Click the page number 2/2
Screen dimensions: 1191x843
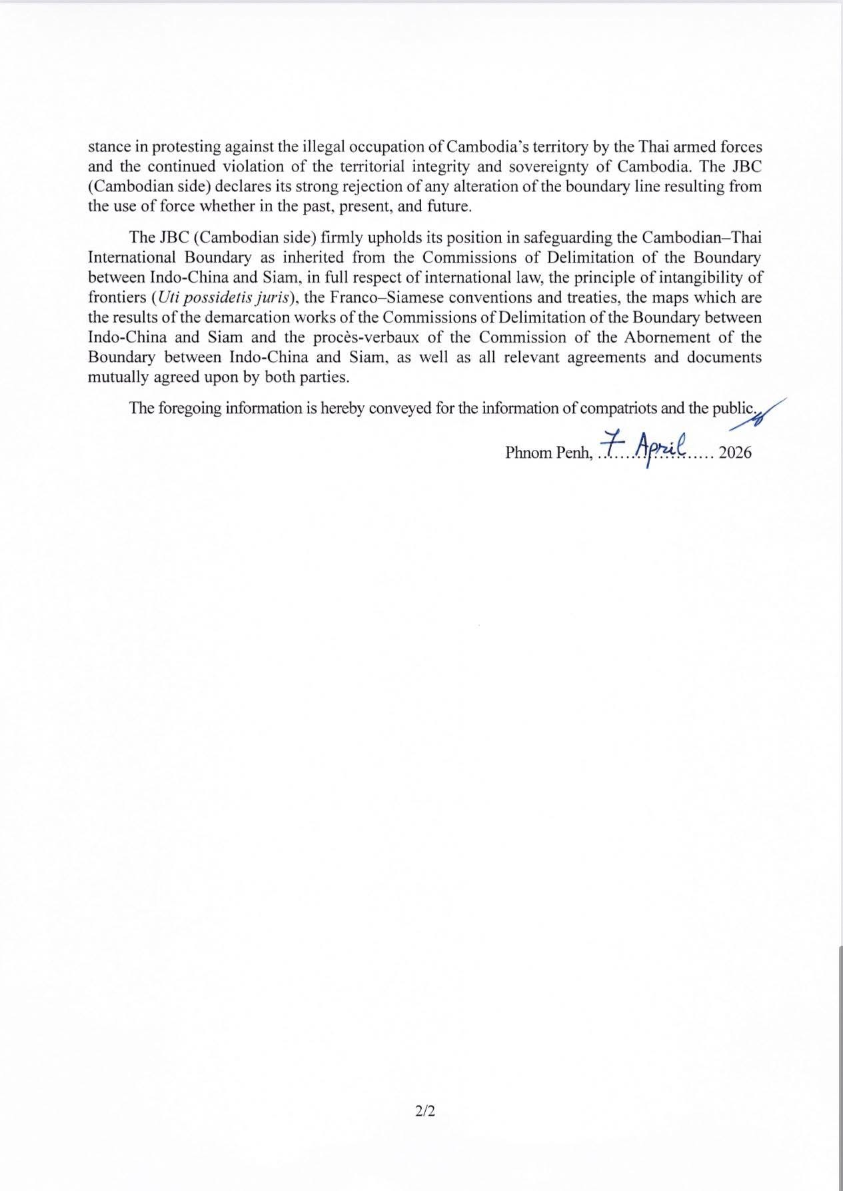[x=424, y=1111]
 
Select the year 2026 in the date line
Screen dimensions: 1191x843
[x=736, y=453]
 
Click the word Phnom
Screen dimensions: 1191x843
[x=527, y=453]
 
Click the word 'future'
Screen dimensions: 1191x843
[x=448, y=207]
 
